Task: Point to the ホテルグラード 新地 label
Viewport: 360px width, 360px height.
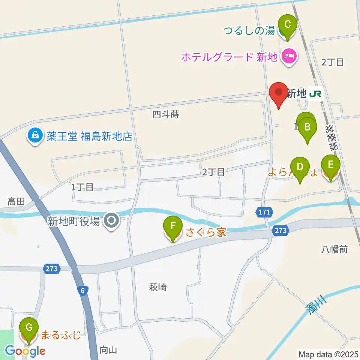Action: pos(229,57)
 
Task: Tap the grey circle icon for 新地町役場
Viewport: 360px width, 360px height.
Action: pos(111,221)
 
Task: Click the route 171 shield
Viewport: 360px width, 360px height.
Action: pos(264,212)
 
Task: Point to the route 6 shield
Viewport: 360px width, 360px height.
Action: pos(82,290)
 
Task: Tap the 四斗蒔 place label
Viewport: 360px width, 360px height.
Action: pos(165,114)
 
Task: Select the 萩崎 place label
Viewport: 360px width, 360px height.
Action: pos(157,288)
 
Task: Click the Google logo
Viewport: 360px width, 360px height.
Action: pos(25,351)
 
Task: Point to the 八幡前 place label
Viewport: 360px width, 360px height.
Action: pos(334,249)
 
